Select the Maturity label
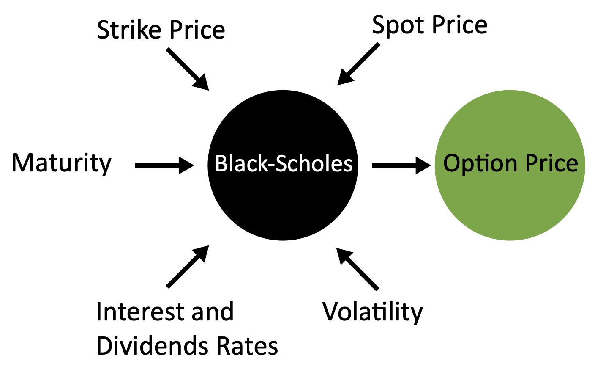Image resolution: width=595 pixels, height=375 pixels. (62, 163)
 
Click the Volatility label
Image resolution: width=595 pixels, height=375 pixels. (372, 312)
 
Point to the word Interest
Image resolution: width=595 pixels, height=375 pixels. (139, 312)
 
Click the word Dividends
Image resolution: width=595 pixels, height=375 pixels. (153, 346)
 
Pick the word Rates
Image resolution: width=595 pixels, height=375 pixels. (247, 346)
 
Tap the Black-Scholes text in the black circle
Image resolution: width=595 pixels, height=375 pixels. (284, 164)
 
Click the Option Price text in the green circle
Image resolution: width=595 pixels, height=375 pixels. (510, 163)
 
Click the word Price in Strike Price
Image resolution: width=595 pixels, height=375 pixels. (197, 30)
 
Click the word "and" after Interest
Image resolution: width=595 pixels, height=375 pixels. (213, 312)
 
